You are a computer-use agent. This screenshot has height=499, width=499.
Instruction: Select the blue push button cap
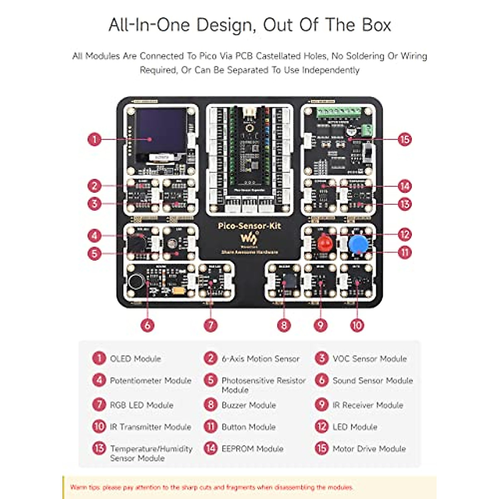pos(357,245)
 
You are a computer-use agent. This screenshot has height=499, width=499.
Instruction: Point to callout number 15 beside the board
pos(404,139)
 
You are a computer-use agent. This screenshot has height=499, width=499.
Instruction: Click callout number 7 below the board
pos(211,325)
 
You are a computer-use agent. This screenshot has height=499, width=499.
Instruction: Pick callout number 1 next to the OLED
pos(94,139)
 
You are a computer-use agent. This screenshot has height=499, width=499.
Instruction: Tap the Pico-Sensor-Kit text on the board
pos(249,226)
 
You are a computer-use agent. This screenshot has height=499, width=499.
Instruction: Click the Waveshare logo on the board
pos(249,239)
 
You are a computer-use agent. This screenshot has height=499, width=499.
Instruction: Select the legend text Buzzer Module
pos(249,405)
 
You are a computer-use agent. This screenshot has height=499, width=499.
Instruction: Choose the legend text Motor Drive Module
pos(369,449)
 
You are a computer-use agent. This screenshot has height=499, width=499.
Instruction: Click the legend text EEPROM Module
pos(252,449)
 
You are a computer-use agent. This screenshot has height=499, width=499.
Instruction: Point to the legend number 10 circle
pos(99,426)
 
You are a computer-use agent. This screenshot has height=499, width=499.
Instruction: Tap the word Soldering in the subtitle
pos(359,56)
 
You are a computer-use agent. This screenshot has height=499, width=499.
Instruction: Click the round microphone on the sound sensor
pos(136,282)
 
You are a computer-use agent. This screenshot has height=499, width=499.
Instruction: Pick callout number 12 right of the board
pos(404,235)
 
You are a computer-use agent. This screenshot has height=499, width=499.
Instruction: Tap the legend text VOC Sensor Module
pos(369,358)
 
